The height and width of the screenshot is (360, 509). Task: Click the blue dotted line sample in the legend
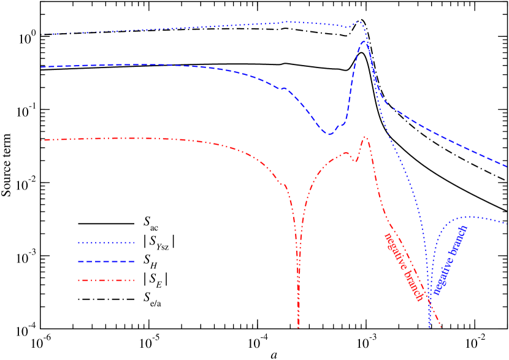pos(105,243)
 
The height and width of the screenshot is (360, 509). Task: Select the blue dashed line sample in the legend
pos(105,262)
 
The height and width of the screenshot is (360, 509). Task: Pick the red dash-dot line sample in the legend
pos(105,281)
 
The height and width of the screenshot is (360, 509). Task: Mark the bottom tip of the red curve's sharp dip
pos(299,327)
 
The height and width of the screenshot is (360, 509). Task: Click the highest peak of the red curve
pos(365,137)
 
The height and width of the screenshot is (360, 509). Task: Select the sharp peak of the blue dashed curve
pos(365,41)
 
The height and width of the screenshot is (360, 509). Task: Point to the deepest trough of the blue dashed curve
pos(329,134)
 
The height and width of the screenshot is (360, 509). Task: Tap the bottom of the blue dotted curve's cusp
pos(430,327)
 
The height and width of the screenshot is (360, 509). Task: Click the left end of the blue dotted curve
pos(49,34)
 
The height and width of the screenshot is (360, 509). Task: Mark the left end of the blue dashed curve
pos(42,67)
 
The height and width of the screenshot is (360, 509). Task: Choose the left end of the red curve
pos(42,140)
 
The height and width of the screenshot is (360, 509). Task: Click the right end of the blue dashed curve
pos(507,166)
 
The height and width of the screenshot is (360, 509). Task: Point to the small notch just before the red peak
pos(356,161)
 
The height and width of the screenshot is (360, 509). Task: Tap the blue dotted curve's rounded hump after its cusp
pos(468,216)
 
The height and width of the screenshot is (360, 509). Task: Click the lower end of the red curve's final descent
pos(440,327)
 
